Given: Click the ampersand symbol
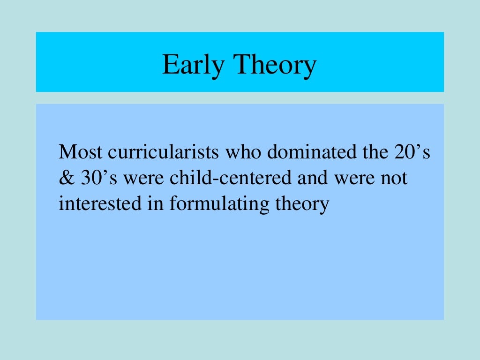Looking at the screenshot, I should pyautogui.click(x=64, y=179).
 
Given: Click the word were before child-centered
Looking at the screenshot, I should pyautogui.click(x=144, y=179).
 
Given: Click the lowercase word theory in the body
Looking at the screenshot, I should pyautogui.click(x=300, y=204).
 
